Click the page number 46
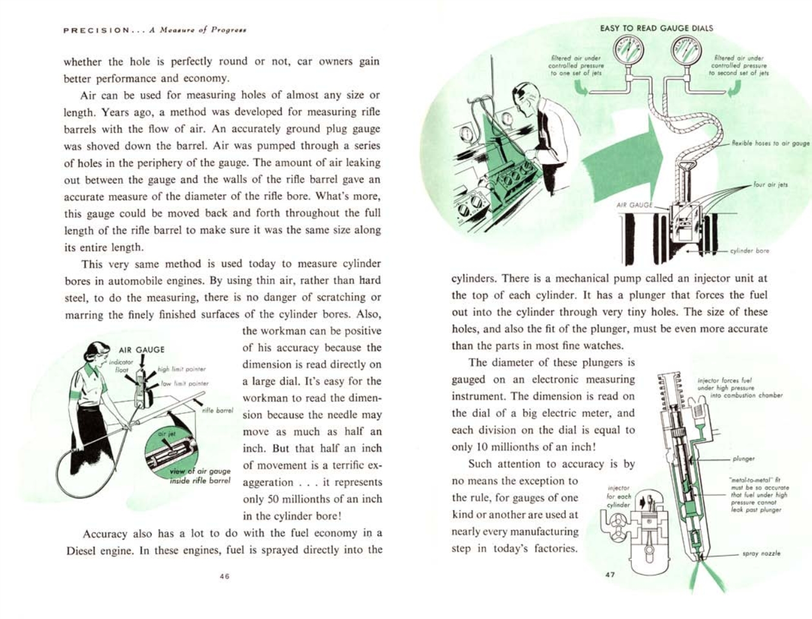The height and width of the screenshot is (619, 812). tap(224, 577)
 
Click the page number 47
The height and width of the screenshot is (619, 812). tap(610, 574)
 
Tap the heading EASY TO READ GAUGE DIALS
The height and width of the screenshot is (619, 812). tap(656, 28)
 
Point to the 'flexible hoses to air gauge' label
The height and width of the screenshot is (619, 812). tap(770, 144)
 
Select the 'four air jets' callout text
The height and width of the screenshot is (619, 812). tap(770, 184)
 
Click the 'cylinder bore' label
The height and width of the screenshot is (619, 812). tap(749, 250)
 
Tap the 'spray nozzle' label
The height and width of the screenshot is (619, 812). tap(762, 553)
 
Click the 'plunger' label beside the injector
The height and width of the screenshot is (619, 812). tap(743, 459)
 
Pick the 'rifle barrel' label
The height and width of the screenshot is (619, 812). tap(217, 410)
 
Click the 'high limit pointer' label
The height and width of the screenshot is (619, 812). tap(181, 369)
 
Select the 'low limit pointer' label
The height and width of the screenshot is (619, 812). tap(184, 384)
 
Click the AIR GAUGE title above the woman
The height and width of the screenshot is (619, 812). tap(141, 350)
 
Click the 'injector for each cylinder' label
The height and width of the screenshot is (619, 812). tap(618, 496)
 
